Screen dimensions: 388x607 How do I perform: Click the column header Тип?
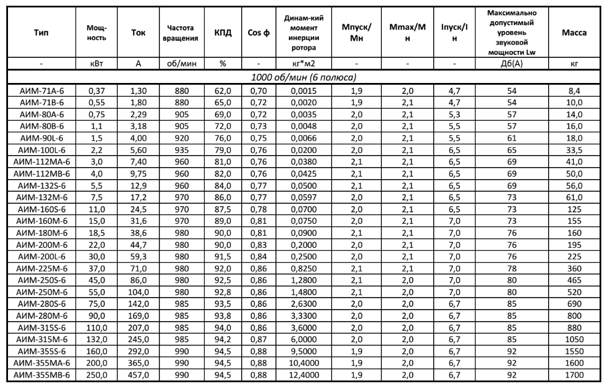click(40, 33)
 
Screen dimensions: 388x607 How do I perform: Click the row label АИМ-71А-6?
click(40, 89)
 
